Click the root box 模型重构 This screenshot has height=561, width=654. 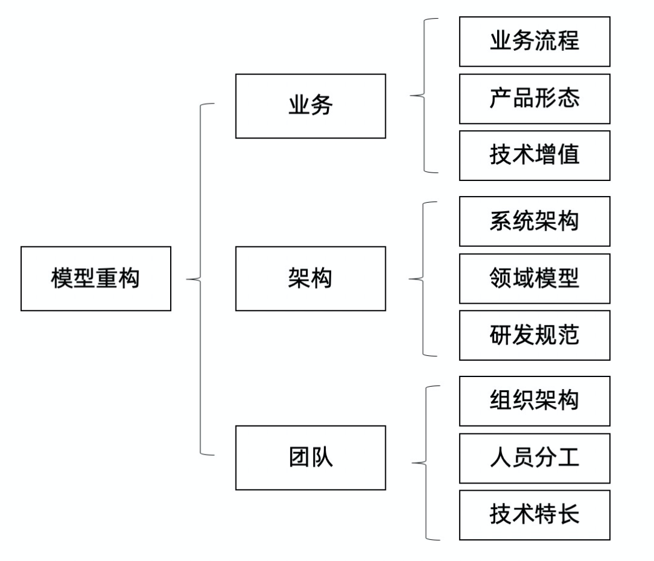tap(96, 278)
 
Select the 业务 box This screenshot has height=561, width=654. tap(310, 106)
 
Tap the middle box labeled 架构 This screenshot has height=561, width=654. tap(310, 278)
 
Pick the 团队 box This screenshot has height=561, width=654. tap(310, 458)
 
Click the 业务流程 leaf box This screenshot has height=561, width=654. tap(534, 41)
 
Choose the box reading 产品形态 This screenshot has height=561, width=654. tap(534, 98)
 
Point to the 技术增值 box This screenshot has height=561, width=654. tap(534, 155)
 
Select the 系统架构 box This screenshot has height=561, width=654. tap(534, 221)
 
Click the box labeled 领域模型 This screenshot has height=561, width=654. tap(534, 278)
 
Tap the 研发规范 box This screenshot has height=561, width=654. tap(534, 335)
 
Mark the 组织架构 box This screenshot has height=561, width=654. tap(534, 401)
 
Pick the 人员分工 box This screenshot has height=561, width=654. tap(534, 458)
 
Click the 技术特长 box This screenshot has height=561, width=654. tap(534, 514)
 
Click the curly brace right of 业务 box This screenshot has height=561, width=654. tap(422, 95)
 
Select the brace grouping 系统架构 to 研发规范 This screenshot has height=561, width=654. tap(422, 279)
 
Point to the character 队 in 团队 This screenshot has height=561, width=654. tap(322, 458)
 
